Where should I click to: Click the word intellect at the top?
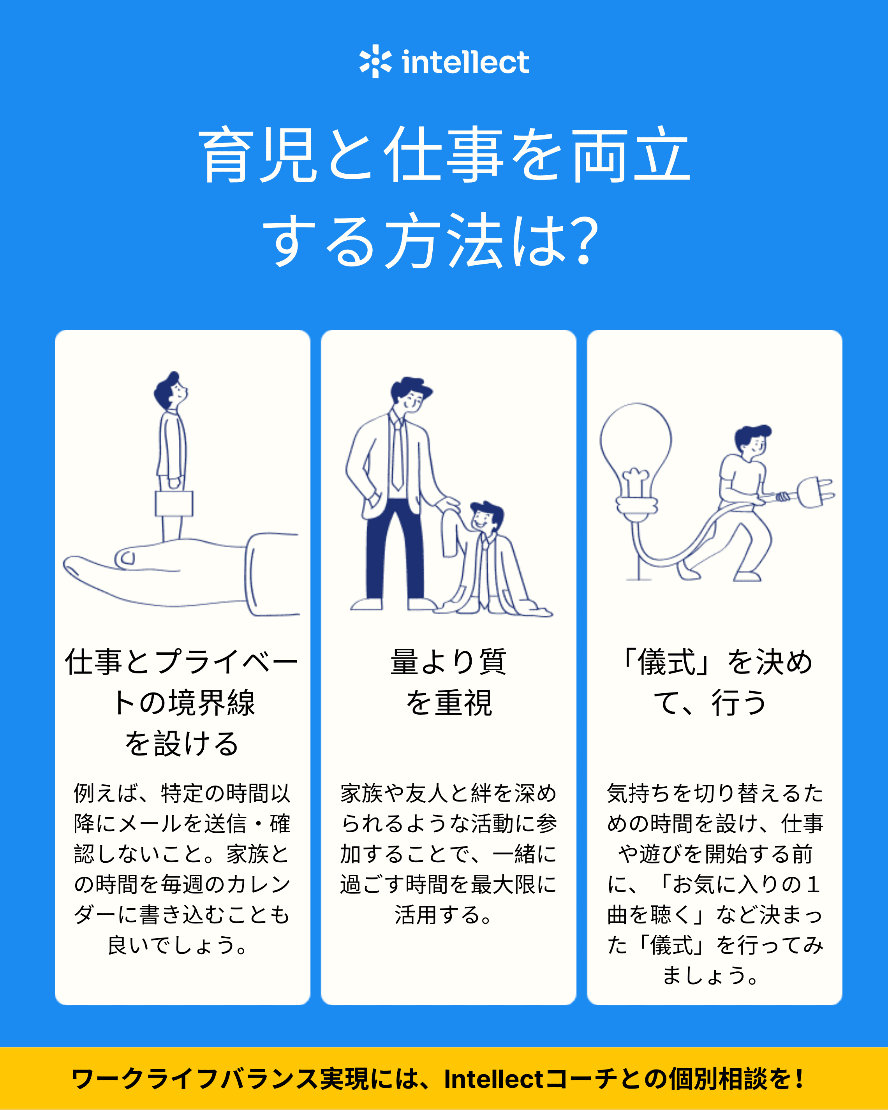465,62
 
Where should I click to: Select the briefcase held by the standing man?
174,503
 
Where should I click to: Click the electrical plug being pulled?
816,492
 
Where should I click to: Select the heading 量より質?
448,662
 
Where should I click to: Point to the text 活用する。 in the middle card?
443,915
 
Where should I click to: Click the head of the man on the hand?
170,390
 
